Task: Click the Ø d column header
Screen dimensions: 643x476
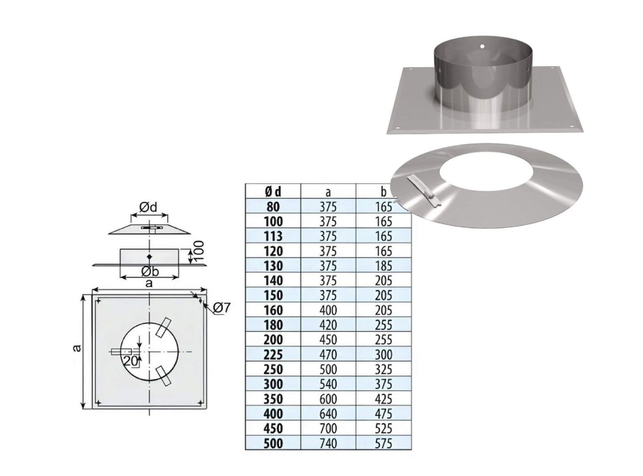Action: point(273,192)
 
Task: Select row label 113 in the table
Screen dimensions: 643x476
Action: point(273,236)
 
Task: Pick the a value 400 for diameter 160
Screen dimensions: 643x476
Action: point(328,311)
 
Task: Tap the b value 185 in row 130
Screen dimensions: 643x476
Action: point(383,266)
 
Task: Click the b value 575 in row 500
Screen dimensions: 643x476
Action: point(383,444)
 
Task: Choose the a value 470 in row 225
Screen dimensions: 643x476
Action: point(328,355)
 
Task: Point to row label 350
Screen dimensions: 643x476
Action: point(273,399)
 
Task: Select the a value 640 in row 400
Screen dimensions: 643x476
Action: point(328,414)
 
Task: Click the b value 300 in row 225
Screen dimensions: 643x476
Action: point(383,355)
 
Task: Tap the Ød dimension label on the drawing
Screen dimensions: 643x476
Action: point(148,207)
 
